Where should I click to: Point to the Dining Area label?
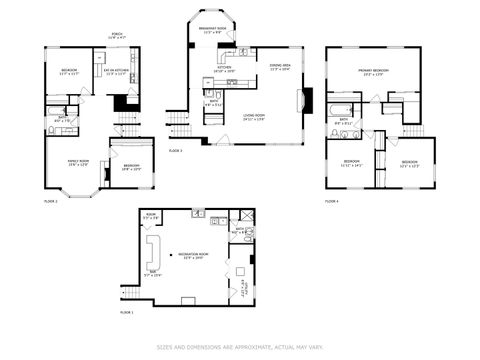pos(279,67)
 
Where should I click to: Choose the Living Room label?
pos(255,117)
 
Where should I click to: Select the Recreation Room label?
pos(192,256)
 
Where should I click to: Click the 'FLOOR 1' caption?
pos(126,313)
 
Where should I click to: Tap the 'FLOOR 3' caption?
pos(175,150)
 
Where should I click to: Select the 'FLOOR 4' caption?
pos(331,202)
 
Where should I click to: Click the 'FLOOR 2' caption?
pos(51,202)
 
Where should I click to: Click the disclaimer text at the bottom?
pos(240,347)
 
